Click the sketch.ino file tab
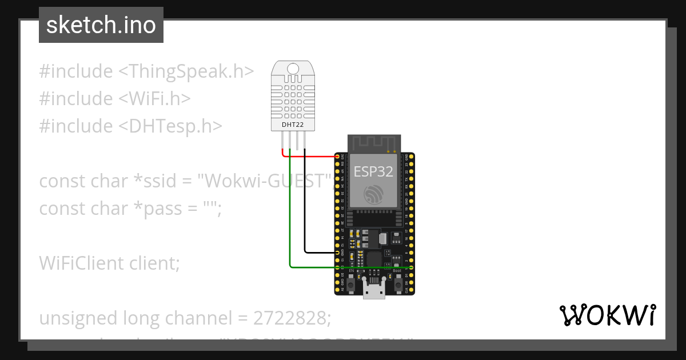pos(101,25)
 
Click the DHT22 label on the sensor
pos(293,125)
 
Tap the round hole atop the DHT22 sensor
pos(293,70)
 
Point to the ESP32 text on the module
pos(374,171)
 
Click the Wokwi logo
pos(607,315)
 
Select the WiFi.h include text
pos(154,99)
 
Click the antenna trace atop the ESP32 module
pos(374,143)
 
